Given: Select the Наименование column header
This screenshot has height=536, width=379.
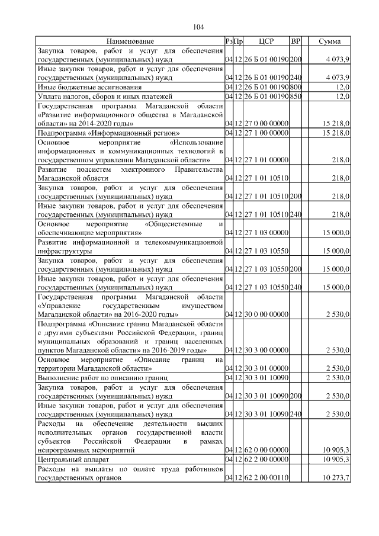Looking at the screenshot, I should (130, 41).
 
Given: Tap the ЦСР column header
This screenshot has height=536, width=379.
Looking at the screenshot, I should (266, 41).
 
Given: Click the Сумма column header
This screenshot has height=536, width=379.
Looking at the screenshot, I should (329, 41).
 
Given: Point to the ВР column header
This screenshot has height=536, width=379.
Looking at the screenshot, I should (296, 41).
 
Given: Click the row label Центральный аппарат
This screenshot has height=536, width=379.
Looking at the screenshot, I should (70, 459).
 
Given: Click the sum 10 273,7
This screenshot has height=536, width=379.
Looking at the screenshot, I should (336, 478).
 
